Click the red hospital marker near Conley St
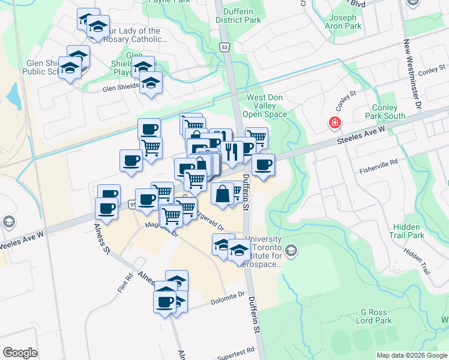334,124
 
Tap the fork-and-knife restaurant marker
231,152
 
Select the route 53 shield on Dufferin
224,47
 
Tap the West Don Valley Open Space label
265,105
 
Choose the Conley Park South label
385,112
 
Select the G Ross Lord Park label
376,316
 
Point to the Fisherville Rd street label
379,162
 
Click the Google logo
20,352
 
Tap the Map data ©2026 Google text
412,355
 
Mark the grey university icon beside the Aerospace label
292,250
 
